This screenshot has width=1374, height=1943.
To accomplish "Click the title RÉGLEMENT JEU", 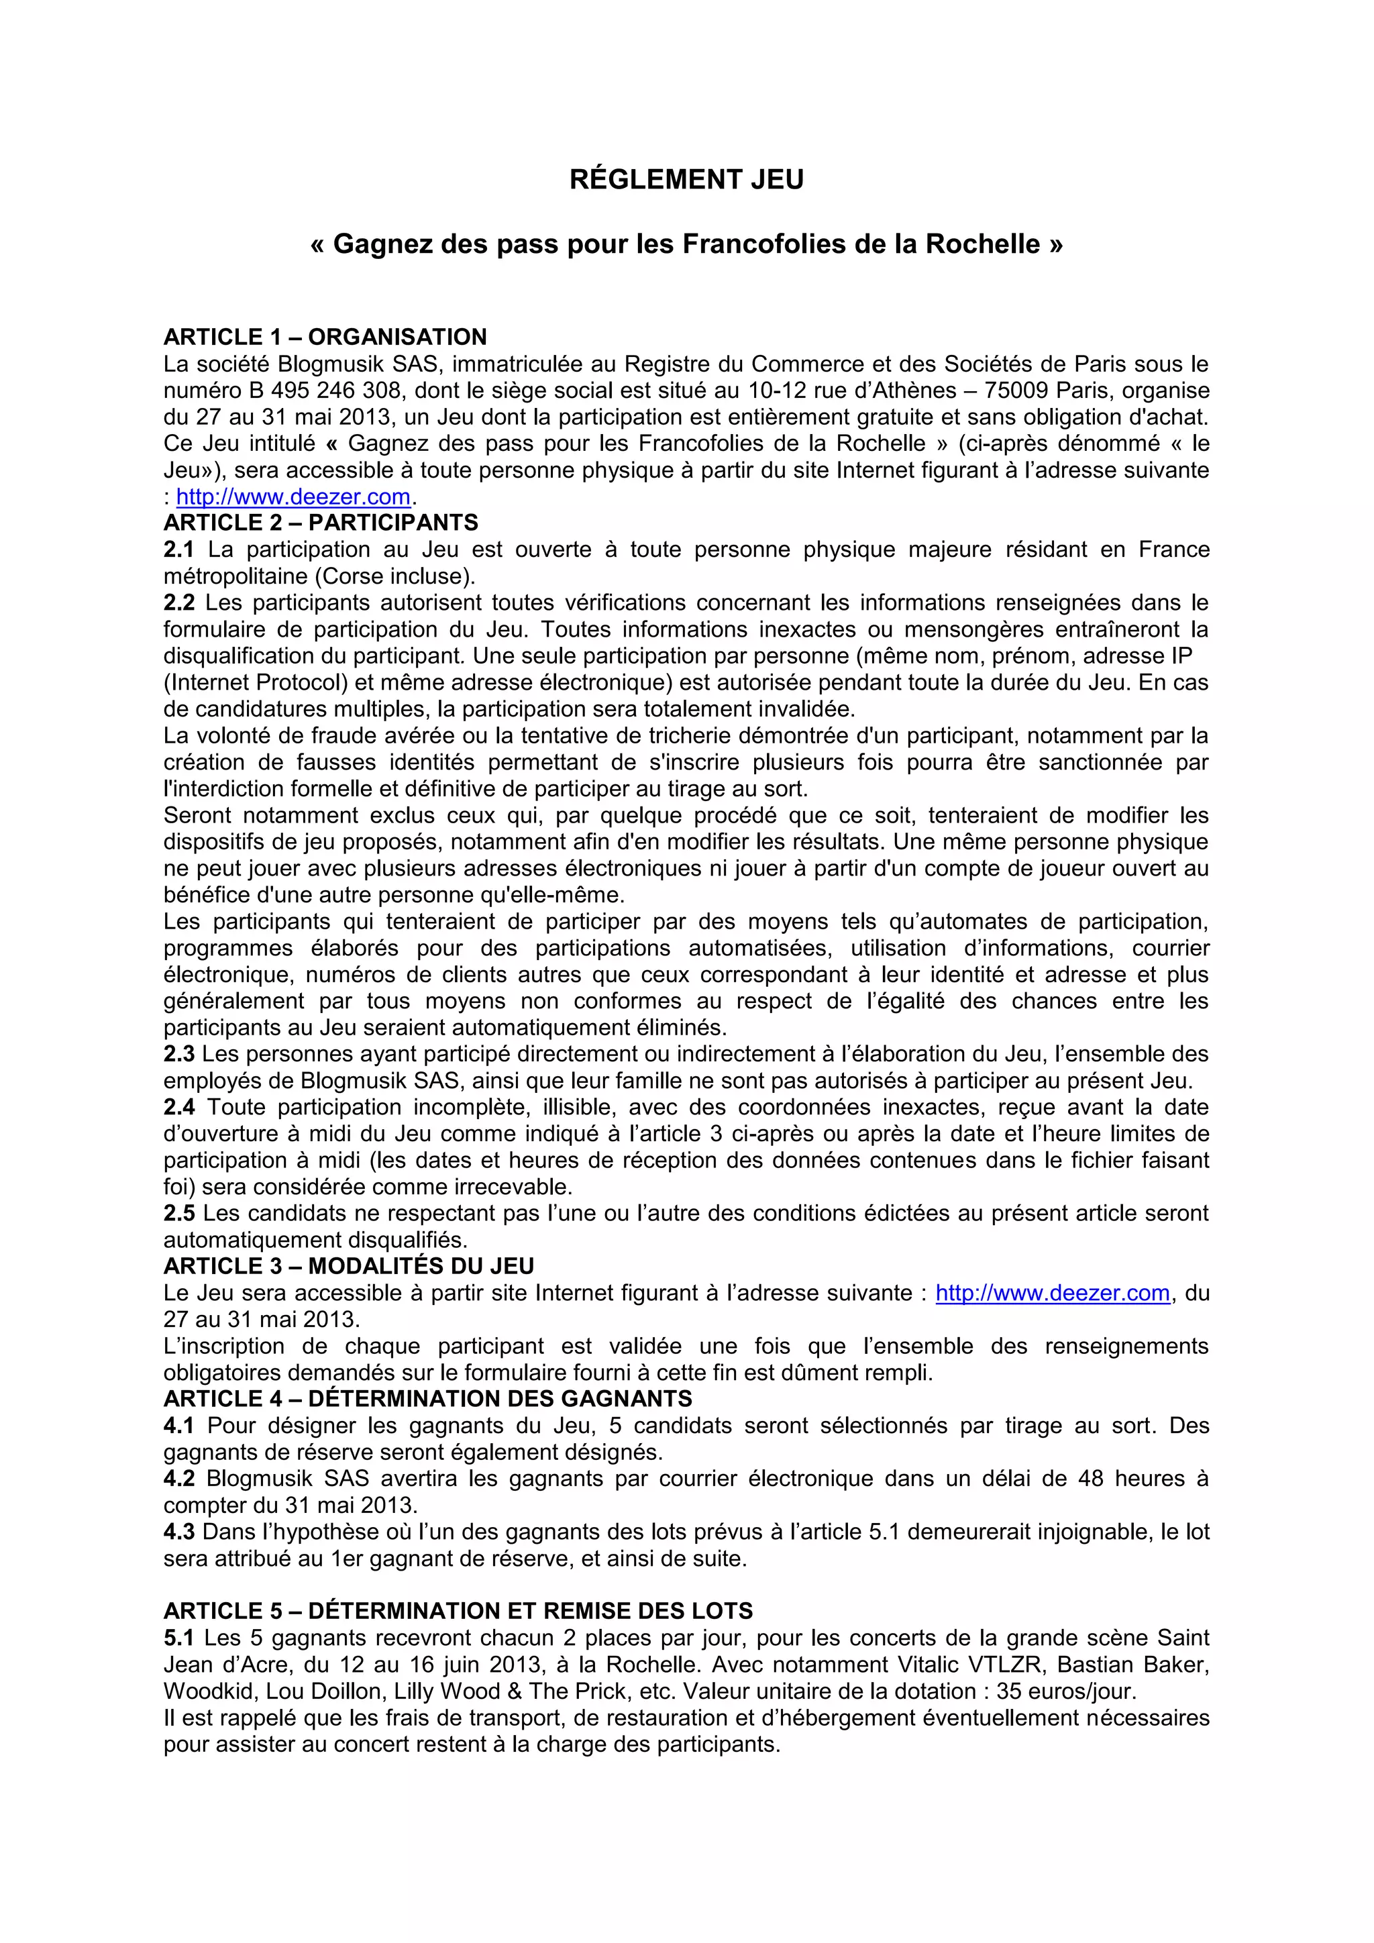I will point(686,179).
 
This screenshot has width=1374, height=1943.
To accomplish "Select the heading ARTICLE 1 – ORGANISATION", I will point(325,337).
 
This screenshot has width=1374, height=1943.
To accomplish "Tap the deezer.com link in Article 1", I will point(293,496).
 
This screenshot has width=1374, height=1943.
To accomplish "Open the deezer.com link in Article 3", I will point(1053,1293).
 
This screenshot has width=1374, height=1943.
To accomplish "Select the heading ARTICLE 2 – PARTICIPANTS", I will point(321,522).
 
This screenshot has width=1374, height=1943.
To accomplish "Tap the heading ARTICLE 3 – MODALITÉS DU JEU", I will point(349,1266).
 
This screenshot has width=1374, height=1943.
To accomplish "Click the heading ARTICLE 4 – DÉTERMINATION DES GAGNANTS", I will point(428,1399).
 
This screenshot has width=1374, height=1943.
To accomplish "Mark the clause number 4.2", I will point(178,1479).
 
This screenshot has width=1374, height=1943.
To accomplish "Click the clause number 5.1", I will point(178,1638).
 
